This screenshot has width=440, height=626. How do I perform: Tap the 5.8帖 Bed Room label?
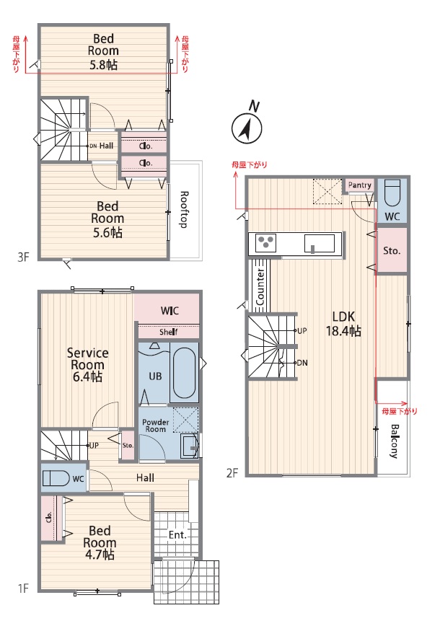pos(103,52)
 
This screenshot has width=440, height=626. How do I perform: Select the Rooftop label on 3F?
pos(184,210)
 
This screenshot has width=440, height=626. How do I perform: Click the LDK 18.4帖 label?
pos(343,323)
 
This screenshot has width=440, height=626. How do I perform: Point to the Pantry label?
pos(360,185)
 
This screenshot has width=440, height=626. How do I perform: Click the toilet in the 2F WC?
pos(392,193)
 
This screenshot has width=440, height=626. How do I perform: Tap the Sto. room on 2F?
pos(392,251)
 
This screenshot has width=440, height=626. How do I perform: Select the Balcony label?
pos(394,441)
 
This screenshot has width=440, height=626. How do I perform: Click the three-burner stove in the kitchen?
pos(265,242)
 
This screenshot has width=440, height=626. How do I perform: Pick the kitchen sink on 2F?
pos(320,244)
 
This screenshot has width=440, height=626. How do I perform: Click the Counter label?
pos(260,286)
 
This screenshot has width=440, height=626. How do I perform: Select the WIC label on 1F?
pos(170,311)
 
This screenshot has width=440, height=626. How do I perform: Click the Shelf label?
pos(169,332)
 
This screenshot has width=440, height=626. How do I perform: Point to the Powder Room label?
pos(155,426)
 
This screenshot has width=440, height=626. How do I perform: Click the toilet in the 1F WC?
pos(56,478)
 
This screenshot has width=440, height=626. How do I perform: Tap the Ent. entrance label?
pos(177,534)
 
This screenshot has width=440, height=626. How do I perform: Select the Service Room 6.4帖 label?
pos(87,364)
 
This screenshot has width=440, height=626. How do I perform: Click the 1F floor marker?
pos(24,588)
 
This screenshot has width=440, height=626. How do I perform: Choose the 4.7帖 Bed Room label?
pos(100,542)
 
